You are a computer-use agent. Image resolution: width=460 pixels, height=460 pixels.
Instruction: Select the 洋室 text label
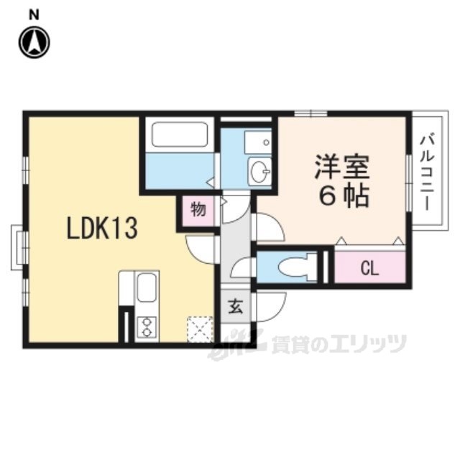341,168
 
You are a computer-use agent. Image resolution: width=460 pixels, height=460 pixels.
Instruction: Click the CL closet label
369,269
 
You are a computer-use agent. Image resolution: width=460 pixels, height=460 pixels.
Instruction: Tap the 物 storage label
198,211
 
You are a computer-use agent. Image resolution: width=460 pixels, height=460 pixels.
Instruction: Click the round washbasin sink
259,171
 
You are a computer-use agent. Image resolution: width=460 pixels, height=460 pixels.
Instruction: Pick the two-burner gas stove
146,326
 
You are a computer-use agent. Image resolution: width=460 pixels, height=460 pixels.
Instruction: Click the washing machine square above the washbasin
257,141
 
